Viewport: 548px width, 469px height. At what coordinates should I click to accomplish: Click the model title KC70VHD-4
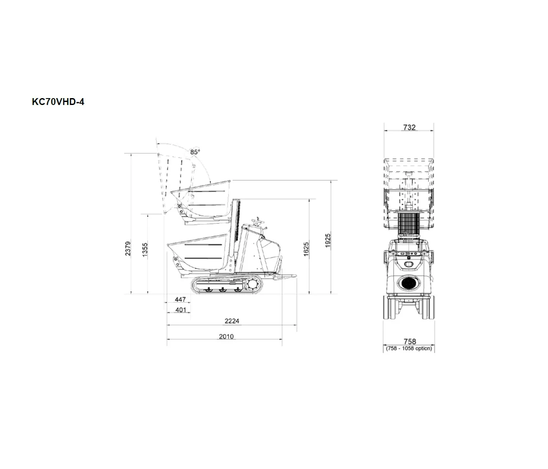click(58, 102)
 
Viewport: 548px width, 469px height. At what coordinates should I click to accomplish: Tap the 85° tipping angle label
click(195, 152)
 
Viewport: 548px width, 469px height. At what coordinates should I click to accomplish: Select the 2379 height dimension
click(128, 248)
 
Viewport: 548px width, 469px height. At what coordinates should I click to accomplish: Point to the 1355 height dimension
click(145, 250)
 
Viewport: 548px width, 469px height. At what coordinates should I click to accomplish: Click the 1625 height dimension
click(306, 249)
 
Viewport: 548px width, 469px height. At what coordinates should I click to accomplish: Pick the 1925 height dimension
click(328, 241)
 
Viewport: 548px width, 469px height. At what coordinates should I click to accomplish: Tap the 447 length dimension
click(180, 299)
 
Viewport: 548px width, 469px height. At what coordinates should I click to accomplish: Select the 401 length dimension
click(181, 310)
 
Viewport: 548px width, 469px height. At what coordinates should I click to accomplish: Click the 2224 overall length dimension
click(232, 321)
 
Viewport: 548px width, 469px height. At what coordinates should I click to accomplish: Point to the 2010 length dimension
click(226, 336)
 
